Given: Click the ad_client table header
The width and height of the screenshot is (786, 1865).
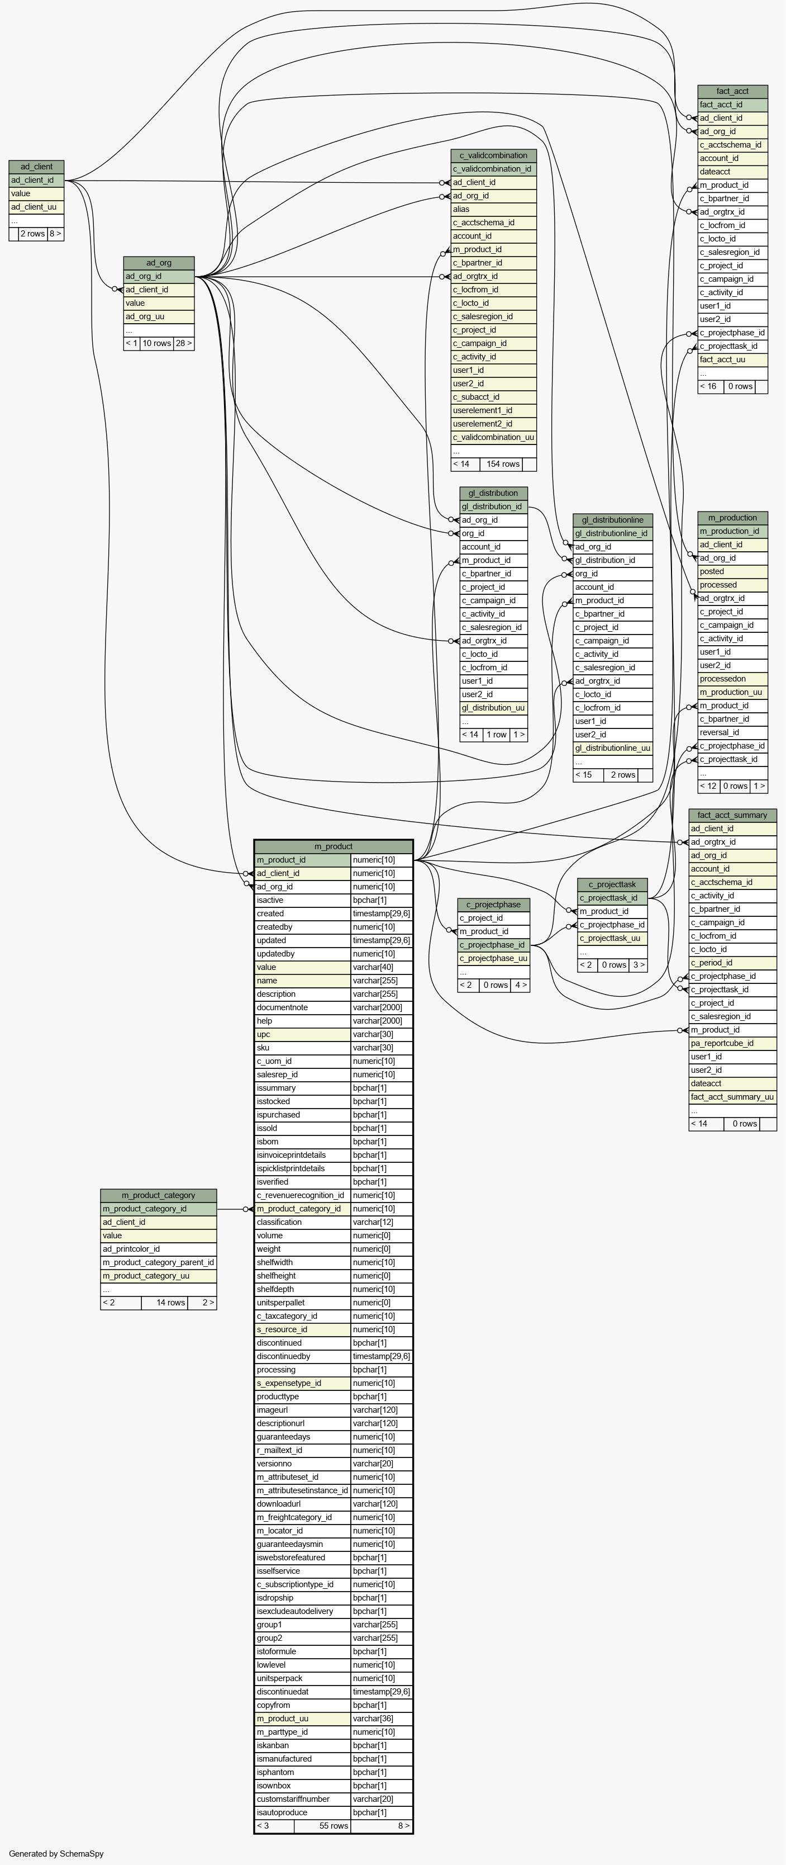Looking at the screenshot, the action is (36, 167).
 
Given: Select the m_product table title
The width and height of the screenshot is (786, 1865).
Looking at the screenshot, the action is (334, 846).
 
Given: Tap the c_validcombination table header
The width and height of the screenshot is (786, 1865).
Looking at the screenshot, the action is (494, 155).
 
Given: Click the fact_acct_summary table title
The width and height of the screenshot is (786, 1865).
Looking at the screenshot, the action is (732, 815).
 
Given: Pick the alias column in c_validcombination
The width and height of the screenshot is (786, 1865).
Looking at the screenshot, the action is (494, 209).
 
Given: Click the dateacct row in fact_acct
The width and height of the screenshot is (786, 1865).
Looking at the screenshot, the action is (732, 172).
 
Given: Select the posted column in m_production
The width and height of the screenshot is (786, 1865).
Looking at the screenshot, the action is (732, 571).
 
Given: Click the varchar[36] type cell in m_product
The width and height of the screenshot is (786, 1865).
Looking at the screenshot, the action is (382, 1719).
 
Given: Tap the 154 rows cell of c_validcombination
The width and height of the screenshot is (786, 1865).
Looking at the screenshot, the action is (503, 464).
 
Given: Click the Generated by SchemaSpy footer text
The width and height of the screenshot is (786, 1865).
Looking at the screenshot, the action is (56, 1853).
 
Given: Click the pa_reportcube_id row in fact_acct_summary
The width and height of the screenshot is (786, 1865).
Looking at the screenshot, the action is (732, 1043).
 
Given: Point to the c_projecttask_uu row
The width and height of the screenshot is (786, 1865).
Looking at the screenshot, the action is (612, 938).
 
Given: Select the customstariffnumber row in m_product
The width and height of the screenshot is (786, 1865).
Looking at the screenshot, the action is (303, 1799).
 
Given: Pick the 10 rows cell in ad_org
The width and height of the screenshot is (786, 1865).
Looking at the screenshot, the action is (156, 343).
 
